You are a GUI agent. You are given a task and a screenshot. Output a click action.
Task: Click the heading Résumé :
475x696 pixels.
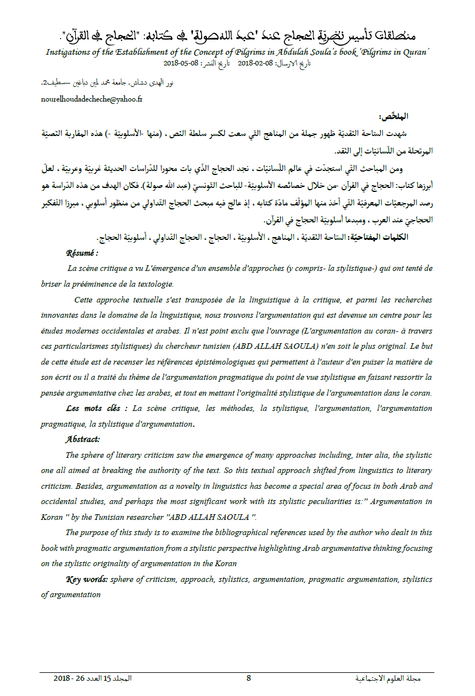coord(82,254)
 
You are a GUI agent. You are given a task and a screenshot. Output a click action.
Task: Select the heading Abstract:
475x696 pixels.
coord(82,439)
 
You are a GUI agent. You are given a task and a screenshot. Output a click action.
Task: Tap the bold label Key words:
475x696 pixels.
coord(87,579)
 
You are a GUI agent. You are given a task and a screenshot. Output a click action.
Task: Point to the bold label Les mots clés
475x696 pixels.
coord(94,408)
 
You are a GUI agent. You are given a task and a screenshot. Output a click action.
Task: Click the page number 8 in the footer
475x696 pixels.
coord(249,678)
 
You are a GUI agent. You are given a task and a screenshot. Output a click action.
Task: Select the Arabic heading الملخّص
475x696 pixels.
coord(395,117)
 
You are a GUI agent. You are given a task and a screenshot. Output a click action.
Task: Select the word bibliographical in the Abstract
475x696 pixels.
coord(251,532)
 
